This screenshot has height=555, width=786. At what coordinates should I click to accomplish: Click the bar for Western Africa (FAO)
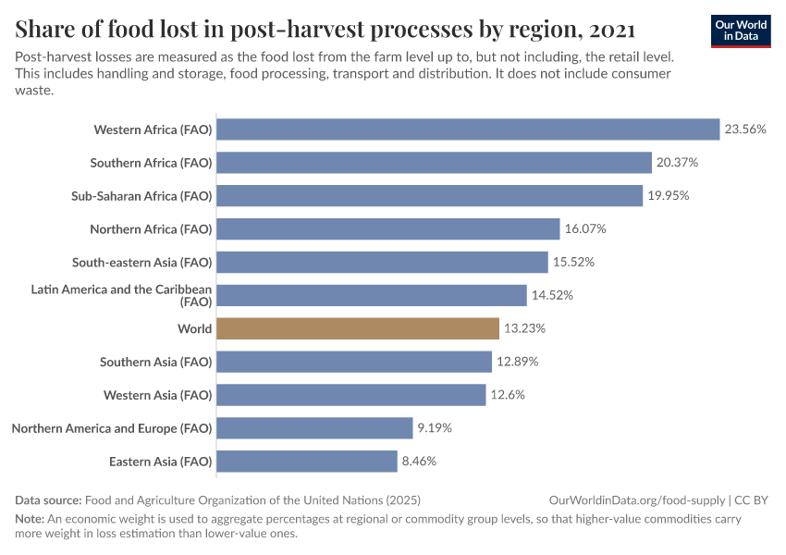pyautogui.click(x=468, y=129)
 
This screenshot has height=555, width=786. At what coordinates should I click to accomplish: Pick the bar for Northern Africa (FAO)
pyautogui.click(x=388, y=228)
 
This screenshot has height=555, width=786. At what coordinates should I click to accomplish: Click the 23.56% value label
pyautogui.click(x=745, y=129)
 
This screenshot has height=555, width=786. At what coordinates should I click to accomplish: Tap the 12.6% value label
pyautogui.click(x=508, y=395)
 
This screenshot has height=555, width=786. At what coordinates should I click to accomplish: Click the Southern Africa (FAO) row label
pyautogui.click(x=151, y=163)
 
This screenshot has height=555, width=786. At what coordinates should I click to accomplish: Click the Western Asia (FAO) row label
pyautogui.click(x=156, y=395)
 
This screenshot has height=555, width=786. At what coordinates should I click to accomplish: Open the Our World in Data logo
pyautogui.click(x=740, y=31)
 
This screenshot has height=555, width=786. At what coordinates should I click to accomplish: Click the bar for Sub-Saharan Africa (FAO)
pyautogui.click(x=430, y=196)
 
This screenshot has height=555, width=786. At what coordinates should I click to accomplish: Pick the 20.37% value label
pyautogui.click(x=678, y=163)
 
